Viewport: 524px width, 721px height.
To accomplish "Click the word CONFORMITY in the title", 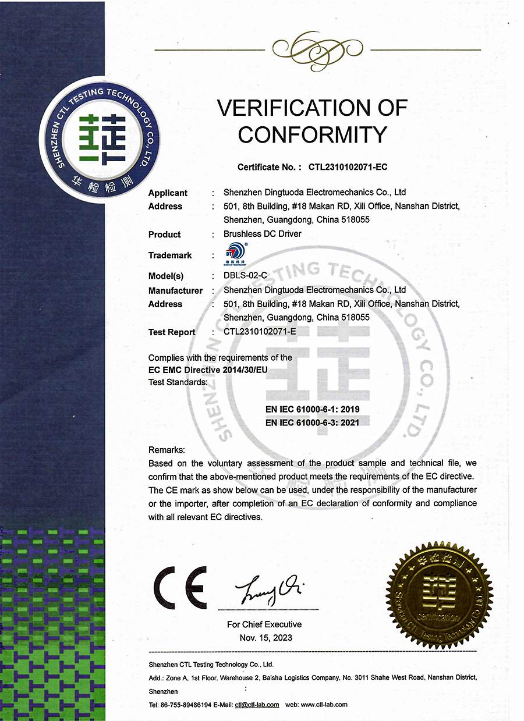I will click(312, 134).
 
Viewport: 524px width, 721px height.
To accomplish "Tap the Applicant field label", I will click(168, 193).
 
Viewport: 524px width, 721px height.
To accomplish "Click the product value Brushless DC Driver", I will click(263, 234).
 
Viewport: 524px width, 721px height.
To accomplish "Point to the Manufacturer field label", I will click(175, 290).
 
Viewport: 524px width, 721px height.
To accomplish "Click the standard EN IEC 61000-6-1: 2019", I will click(313, 410).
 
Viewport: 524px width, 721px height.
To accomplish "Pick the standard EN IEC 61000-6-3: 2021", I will click(313, 422).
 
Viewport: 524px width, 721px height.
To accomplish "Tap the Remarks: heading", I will click(167, 450).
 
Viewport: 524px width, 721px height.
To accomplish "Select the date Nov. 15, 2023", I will click(265, 638).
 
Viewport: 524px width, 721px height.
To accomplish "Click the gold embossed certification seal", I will click(440, 593).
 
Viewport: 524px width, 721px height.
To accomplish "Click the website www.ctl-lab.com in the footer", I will click(325, 705).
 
